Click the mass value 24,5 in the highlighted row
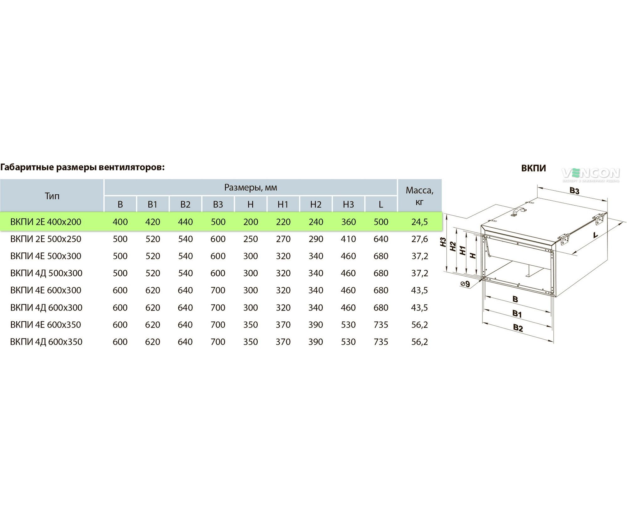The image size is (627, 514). tap(419, 222)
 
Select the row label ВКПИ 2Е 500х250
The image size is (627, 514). tap(46, 239)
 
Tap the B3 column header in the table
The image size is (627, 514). tap(218, 204)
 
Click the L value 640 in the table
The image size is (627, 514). tap(381, 239)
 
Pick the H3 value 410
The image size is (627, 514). tap(348, 239)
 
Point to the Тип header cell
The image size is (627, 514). tap(52, 196)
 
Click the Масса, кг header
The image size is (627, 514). tap(419, 196)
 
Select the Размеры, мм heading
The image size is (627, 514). tap(250, 187)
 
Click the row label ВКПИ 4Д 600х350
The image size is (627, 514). tap(46, 342)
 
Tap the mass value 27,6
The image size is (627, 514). tap(419, 239)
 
